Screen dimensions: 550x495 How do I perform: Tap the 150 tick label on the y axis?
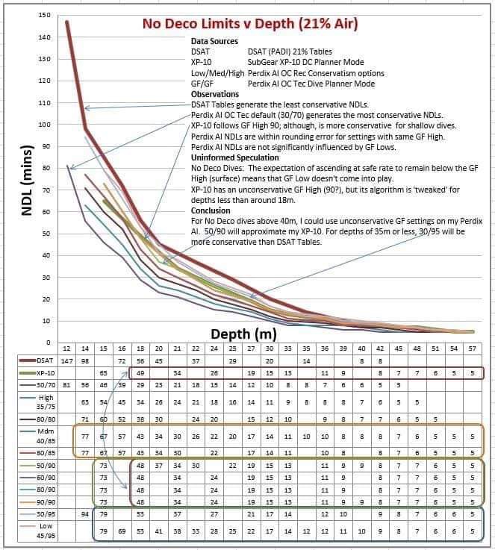click(44, 16)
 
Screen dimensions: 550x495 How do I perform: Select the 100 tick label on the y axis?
click(44, 125)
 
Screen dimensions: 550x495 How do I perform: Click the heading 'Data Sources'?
click(214, 42)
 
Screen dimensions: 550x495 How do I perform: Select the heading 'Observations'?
click(215, 95)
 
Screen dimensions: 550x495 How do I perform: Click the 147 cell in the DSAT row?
click(67, 360)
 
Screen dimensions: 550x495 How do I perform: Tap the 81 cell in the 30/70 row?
click(67, 385)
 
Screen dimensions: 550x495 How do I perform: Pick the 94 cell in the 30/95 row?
click(85, 513)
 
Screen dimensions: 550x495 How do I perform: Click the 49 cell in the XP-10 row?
click(140, 372)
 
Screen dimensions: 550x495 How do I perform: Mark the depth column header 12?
click(67, 349)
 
